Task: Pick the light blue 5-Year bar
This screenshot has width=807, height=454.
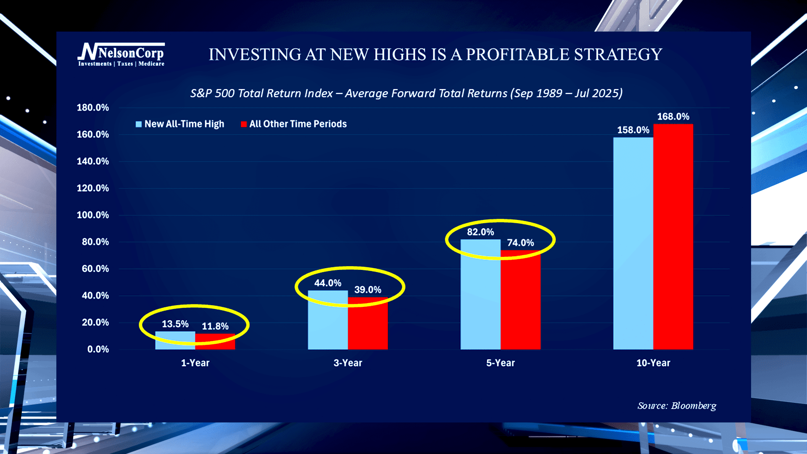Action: click(x=480, y=294)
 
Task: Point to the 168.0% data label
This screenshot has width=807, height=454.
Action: click(x=673, y=116)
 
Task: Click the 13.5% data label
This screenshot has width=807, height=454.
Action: click(x=175, y=324)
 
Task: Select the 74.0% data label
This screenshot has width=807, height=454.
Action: click(x=520, y=243)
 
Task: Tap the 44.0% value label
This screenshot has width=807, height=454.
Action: click(x=327, y=283)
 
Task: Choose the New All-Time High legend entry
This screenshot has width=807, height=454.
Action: click(x=180, y=124)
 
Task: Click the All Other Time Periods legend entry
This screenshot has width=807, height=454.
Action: click(x=294, y=124)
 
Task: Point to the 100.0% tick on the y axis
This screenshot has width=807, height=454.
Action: click(x=92, y=215)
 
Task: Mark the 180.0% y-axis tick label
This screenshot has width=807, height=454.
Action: click(x=92, y=108)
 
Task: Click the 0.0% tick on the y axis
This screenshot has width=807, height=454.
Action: click(x=98, y=349)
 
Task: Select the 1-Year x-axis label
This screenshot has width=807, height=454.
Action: click(x=195, y=363)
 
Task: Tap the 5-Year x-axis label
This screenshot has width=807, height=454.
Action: click(x=500, y=363)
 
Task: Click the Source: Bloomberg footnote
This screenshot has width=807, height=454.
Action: click(x=677, y=406)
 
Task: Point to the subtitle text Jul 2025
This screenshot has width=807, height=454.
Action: click(x=596, y=93)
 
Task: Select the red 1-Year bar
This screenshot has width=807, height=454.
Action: click(x=215, y=341)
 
